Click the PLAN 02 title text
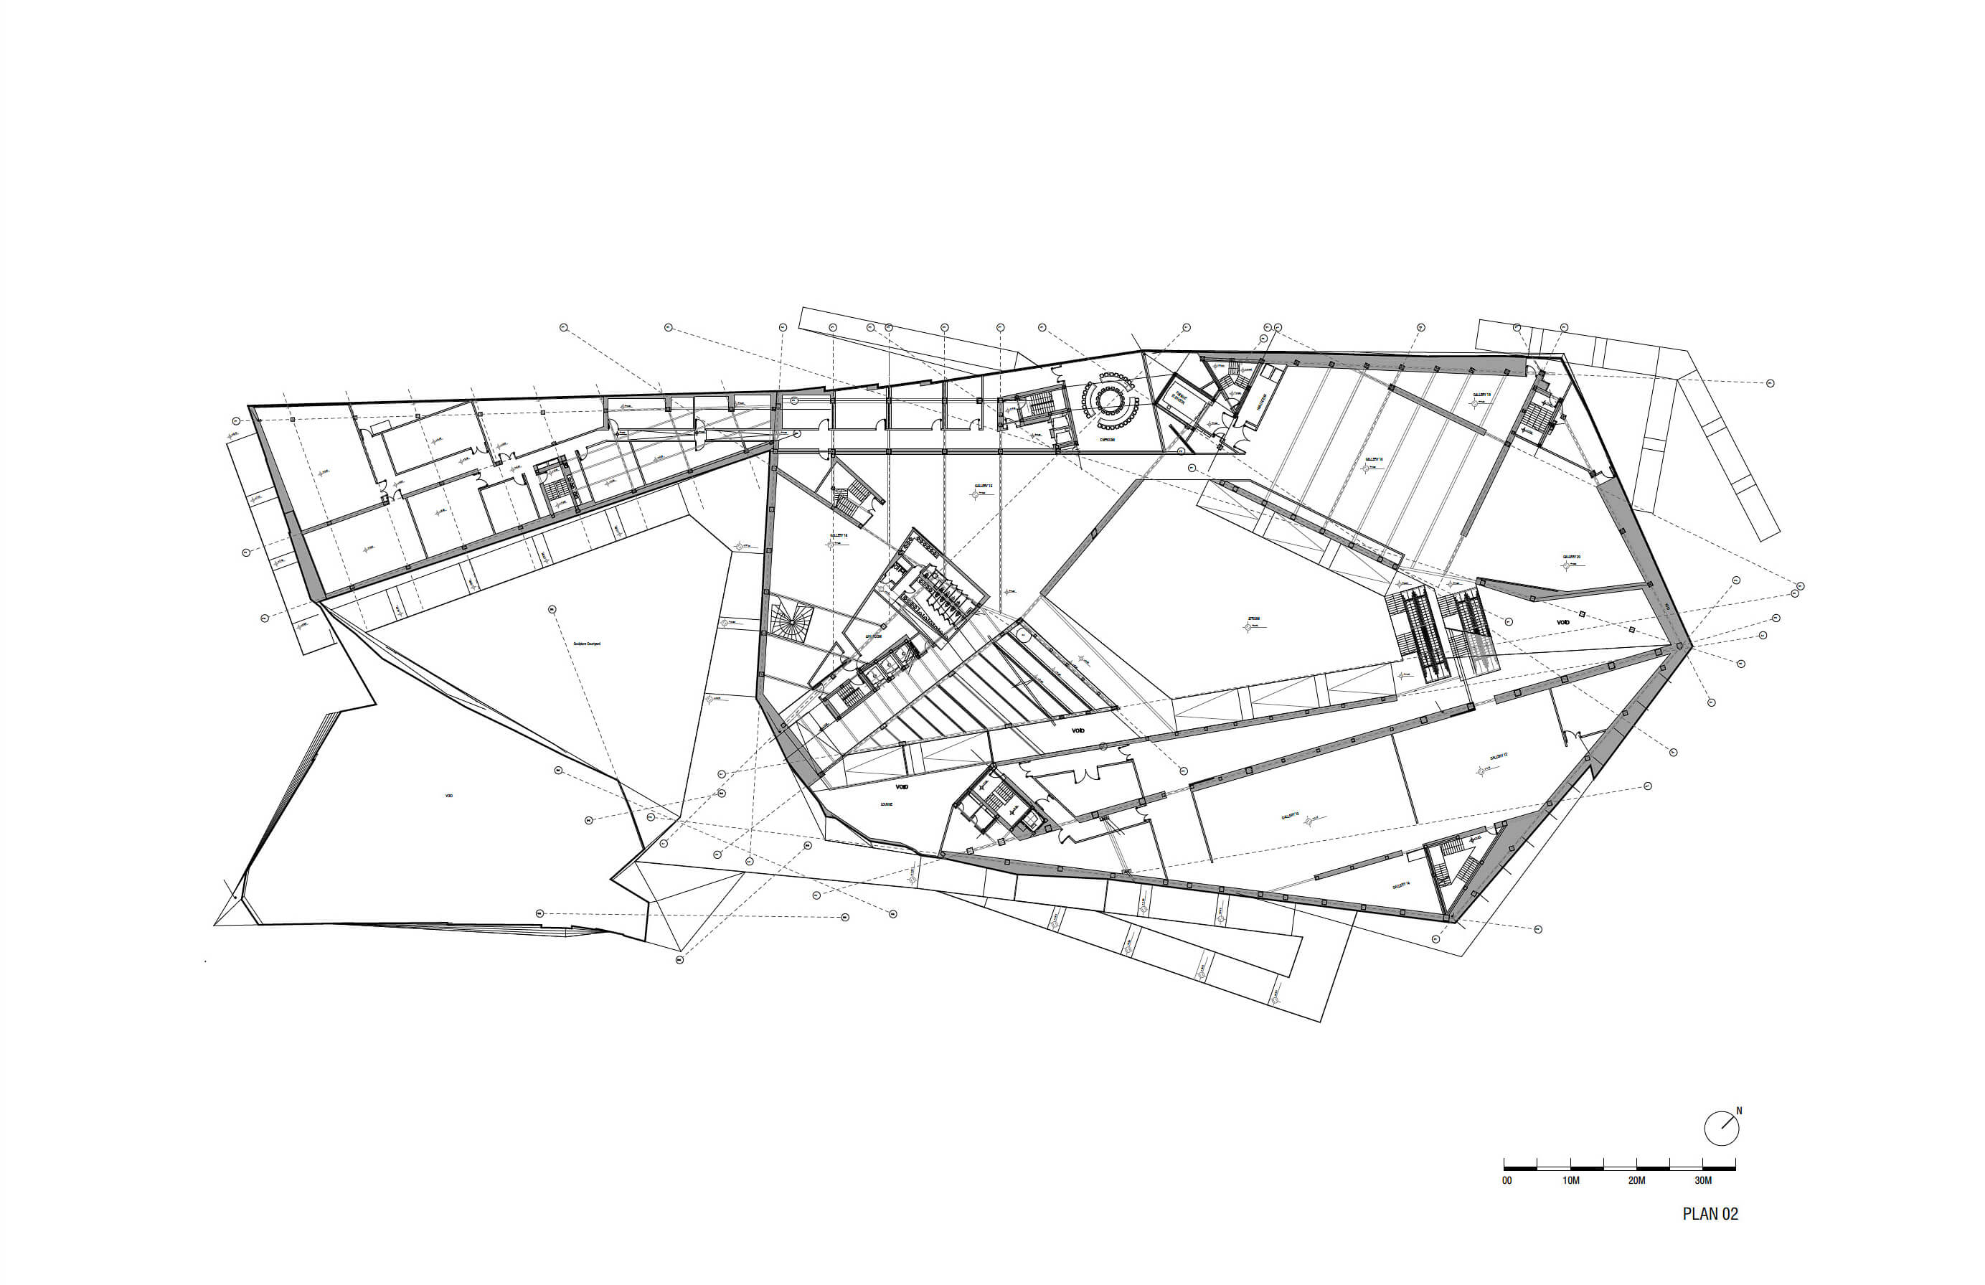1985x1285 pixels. pyautogui.click(x=1710, y=1214)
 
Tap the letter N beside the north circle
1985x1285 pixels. pyautogui.click(x=1739, y=1111)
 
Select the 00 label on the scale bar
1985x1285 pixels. pyautogui.click(x=1507, y=1181)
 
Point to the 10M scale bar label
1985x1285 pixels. pyautogui.click(x=1570, y=1181)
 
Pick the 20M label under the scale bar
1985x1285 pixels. pyautogui.click(x=1636, y=1181)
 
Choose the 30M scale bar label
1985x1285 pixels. pyautogui.click(x=1703, y=1181)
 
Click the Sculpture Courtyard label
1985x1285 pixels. pyautogui.click(x=586, y=644)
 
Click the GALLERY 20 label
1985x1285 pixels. pyautogui.click(x=1571, y=557)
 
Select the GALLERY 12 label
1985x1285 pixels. pyautogui.click(x=1498, y=756)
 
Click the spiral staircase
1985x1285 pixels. pyautogui.click(x=789, y=623)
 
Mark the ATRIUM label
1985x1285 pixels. pyautogui.click(x=1253, y=618)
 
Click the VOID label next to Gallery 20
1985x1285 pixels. pyautogui.click(x=1562, y=622)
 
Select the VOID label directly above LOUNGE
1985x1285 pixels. pyautogui.click(x=902, y=786)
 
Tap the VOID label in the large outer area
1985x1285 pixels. pyautogui.click(x=448, y=796)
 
